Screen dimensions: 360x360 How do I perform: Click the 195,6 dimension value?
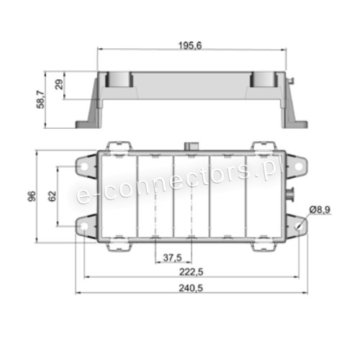click(x=190, y=45)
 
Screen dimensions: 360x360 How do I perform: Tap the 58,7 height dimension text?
click(x=40, y=99)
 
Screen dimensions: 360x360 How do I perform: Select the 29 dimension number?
click(x=59, y=84)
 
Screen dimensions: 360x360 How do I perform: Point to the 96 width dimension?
click(x=32, y=197)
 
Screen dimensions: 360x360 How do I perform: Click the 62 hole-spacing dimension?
click(x=53, y=196)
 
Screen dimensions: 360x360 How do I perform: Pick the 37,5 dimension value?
click(x=173, y=258)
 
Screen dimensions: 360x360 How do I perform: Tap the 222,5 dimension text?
click(x=192, y=272)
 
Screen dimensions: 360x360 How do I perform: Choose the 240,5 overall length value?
click(x=191, y=288)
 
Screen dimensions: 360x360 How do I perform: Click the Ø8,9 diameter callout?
click(x=320, y=210)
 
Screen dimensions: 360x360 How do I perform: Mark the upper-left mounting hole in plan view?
click(x=84, y=166)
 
